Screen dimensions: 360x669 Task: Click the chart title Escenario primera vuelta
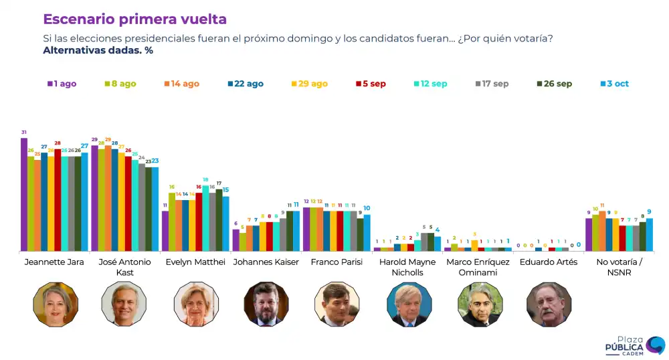pos(134,19)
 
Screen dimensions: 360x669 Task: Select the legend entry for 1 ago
pos(62,84)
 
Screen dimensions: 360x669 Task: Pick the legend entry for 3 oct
pos(614,84)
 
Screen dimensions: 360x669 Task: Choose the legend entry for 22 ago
pos(246,84)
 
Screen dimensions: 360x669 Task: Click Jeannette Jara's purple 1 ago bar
pos(24,194)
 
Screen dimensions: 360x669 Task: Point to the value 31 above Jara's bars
pos(24,132)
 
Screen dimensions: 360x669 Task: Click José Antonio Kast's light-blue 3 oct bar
pos(155,209)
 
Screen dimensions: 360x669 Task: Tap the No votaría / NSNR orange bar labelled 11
pos(602,231)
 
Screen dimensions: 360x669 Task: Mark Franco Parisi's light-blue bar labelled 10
pos(367,232)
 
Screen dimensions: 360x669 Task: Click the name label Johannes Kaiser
pos(266,262)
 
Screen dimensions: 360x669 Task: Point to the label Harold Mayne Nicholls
pos(407,266)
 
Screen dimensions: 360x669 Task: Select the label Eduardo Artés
pos(548,262)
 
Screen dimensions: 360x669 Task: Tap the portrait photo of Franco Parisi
pos(337,304)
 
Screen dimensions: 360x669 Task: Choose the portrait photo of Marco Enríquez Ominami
pos(480,304)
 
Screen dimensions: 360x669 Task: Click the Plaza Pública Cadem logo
pos(635,345)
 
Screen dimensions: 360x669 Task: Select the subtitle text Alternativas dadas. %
pos(98,50)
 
